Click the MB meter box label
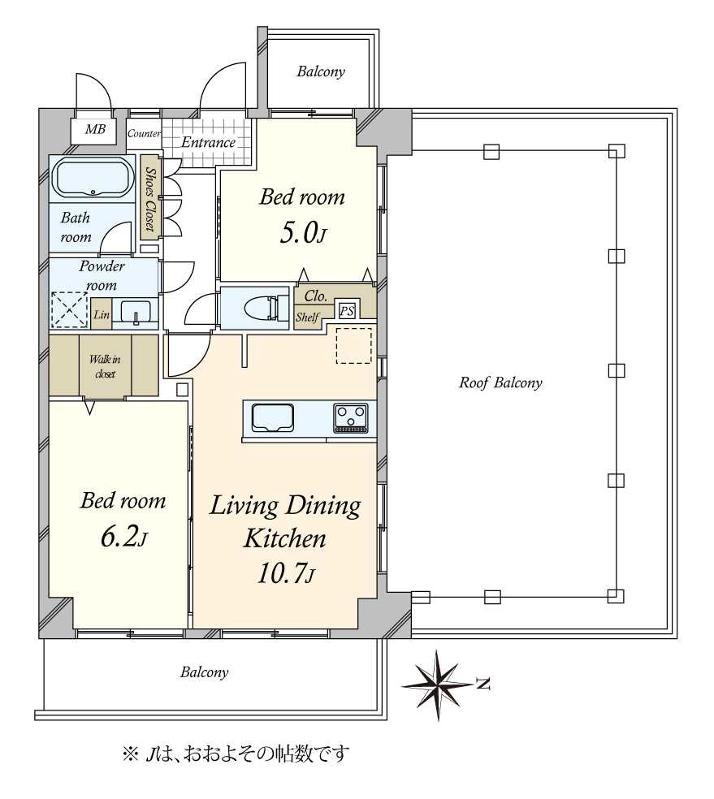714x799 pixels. [x=95, y=129]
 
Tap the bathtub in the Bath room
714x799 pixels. [x=93, y=178]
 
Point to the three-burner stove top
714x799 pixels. [x=351, y=418]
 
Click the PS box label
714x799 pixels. [x=347, y=311]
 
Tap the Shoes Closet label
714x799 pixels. [x=150, y=199]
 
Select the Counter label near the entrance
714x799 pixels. [x=145, y=133]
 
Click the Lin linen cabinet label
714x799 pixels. [x=102, y=314]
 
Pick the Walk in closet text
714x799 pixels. [x=105, y=366]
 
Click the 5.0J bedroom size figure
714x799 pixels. [x=303, y=234]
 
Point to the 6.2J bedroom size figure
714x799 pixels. [x=123, y=537]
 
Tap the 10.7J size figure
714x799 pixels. [x=286, y=574]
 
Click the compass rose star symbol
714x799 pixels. [x=438, y=685]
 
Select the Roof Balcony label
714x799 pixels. [x=500, y=382]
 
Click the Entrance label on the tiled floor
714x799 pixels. [x=209, y=142]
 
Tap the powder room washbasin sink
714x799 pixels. [x=136, y=312]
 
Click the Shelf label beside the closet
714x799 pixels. [x=307, y=317]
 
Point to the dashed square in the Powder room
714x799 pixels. [x=70, y=309]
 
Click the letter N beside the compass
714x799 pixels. [x=482, y=684]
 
